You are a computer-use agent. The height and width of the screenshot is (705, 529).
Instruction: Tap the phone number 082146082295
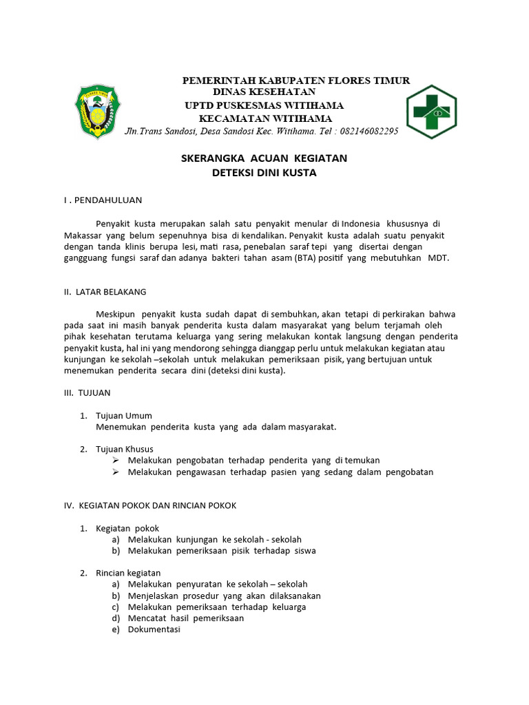(x=366, y=131)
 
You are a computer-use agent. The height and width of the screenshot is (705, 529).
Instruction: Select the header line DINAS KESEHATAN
(x=264, y=92)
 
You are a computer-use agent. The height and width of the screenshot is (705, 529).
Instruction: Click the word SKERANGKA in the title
(x=207, y=158)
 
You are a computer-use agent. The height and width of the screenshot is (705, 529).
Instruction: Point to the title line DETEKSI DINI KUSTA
(x=264, y=173)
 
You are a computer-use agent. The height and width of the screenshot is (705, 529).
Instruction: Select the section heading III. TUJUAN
(x=87, y=392)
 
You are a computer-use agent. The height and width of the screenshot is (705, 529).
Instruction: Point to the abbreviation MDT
(x=438, y=257)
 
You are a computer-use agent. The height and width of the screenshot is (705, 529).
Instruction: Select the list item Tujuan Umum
(x=124, y=415)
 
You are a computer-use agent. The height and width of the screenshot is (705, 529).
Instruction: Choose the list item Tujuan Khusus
(x=125, y=449)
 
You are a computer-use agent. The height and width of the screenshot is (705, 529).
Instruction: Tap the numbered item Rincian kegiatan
(x=128, y=573)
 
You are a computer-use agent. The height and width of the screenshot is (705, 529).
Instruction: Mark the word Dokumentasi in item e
(x=154, y=629)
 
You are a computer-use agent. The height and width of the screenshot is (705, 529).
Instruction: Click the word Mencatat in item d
(x=145, y=618)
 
